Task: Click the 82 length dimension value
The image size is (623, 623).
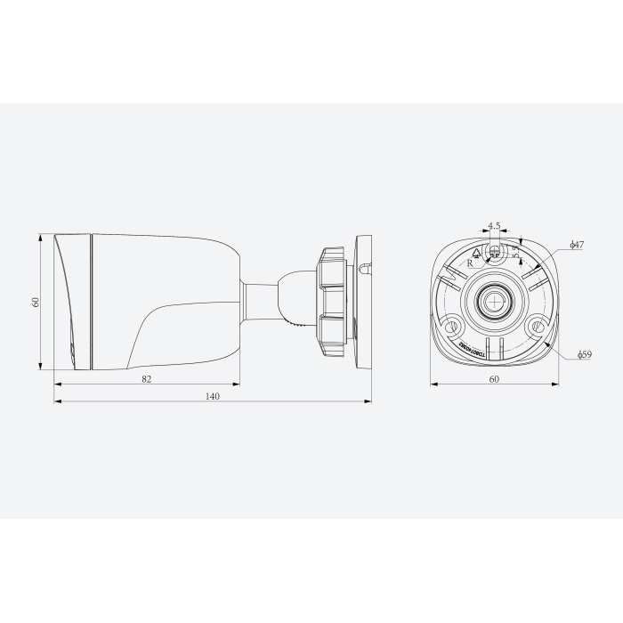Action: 147,378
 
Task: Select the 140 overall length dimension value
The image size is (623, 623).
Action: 213,395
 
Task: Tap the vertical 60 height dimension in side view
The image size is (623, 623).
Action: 36,302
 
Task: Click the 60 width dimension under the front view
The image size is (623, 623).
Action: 494,378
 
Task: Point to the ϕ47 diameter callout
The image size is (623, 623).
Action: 576,244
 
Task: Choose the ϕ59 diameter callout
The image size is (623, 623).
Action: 584,354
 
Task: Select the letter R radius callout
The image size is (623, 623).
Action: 471,263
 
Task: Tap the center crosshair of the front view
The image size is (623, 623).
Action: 494,302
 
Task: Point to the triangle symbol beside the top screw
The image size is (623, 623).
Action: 477,253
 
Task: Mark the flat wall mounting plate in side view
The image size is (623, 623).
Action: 363,302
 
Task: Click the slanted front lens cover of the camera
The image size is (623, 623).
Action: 69,303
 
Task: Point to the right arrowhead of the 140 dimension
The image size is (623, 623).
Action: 368,400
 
